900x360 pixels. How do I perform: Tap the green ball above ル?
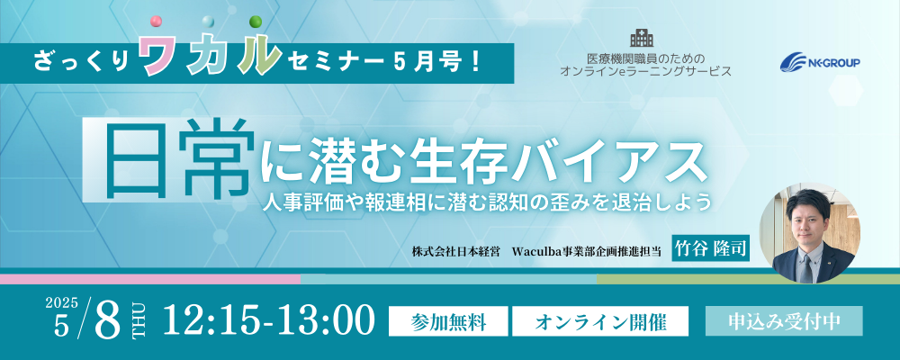click(x=256, y=22)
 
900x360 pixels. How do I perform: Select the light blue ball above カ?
click(x=208, y=22)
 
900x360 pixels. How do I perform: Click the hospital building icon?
click(x=642, y=37)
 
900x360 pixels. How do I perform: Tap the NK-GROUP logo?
click(x=820, y=62)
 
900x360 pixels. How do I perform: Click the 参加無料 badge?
click(x=448, y=322)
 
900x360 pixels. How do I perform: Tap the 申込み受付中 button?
click(x=784, y=320)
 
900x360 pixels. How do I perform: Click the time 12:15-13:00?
click(x=269, y=320)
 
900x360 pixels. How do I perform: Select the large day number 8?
click(x=107, y=321)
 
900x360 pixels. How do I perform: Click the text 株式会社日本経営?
click(x=456, y=251)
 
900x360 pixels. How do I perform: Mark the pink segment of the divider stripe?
click(x=150, y=279)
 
